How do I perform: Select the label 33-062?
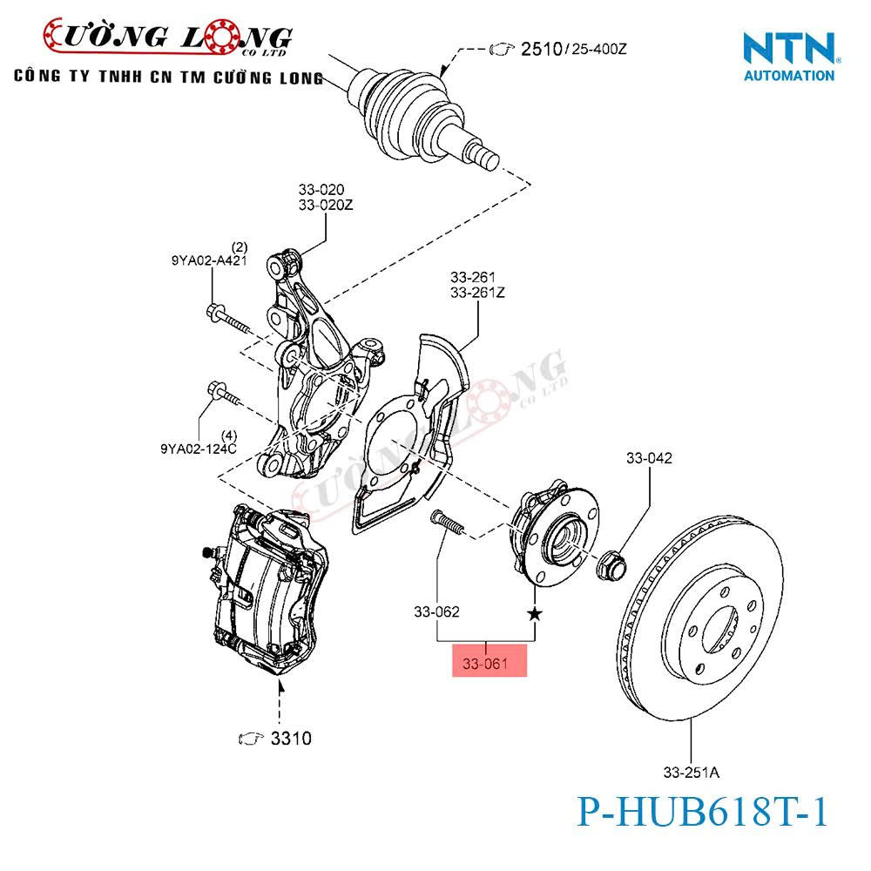436,611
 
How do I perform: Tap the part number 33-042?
649,458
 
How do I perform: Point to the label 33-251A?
691,772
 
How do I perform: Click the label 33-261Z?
477,293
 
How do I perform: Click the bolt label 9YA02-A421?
207,260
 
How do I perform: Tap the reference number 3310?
290,739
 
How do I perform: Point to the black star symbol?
534,615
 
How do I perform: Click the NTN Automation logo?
789,57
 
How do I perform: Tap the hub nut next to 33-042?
612,564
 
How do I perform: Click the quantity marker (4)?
229,435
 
